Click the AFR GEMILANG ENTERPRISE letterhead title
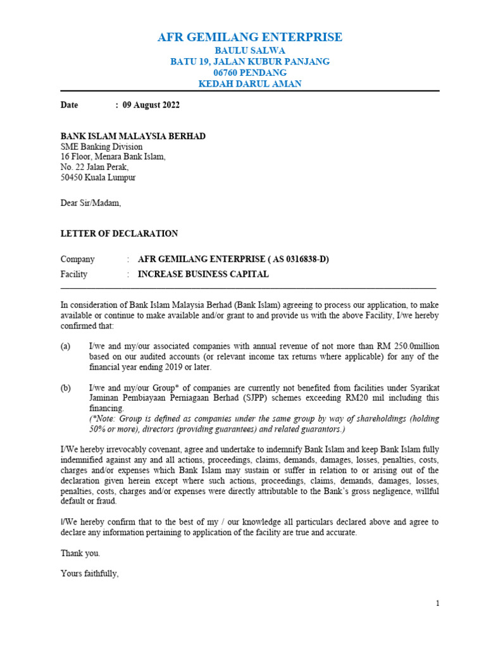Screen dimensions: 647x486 [250, 37]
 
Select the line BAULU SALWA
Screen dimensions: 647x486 [250, 50]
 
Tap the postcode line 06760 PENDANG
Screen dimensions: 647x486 [250, 73]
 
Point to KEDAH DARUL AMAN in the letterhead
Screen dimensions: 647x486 [250, 84]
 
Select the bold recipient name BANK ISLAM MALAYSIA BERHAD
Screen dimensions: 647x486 [133, 136]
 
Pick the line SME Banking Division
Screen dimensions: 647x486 [102, 147]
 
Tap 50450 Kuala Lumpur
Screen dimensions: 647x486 [98, 178]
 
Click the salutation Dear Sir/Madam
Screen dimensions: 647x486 [90, 203]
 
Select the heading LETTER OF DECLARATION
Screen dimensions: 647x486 [119, 234]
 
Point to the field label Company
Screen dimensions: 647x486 [77, 259]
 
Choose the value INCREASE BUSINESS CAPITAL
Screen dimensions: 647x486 [203, 274]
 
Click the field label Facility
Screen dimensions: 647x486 [74, 274]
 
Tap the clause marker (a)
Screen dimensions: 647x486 [66, 347]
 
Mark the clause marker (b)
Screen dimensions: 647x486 [66, 388]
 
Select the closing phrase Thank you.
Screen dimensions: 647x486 [80, 553]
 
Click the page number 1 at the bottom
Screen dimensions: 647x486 [437, 603]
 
